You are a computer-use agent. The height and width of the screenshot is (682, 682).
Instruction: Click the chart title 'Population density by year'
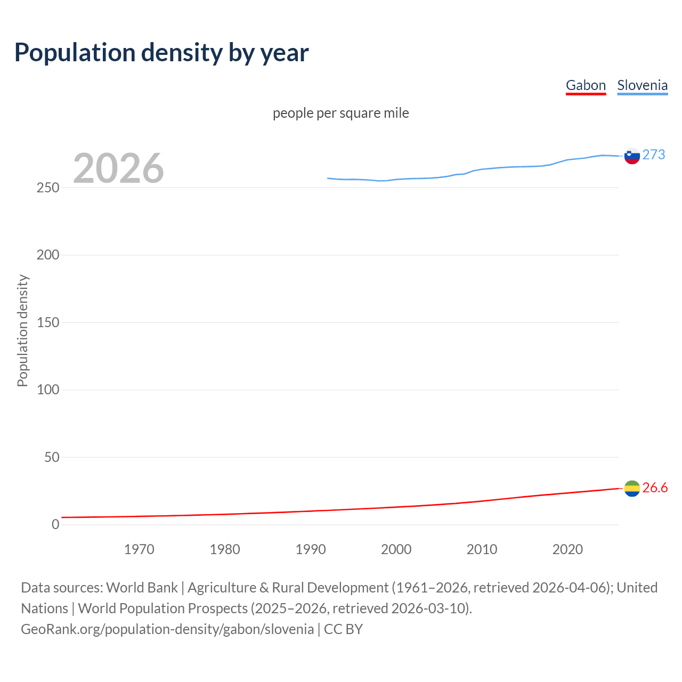(161, 53)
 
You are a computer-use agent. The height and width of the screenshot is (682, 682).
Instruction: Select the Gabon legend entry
(586, 85)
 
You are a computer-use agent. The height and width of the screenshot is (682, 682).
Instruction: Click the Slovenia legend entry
(642, 85)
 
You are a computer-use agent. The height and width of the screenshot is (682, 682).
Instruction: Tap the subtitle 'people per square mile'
(340, 113)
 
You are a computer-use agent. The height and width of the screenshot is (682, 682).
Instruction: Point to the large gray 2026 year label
(118, 168)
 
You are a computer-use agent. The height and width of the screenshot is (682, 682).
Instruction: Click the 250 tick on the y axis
(48, 188)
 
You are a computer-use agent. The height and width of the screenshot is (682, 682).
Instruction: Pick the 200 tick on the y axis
(48, 255)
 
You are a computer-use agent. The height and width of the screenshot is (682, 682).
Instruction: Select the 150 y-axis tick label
(48, 322)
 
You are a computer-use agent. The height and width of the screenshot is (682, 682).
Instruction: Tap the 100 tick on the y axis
(48, 389)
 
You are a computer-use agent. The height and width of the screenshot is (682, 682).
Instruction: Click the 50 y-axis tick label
(52, 457)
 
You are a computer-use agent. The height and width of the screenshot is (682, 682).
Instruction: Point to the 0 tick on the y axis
(55, 524)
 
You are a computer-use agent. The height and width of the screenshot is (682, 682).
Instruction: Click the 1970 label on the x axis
(139, 549)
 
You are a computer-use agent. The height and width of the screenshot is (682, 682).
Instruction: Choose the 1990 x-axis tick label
(311, 549)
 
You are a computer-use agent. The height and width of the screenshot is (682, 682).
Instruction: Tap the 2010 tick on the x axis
(482, 549)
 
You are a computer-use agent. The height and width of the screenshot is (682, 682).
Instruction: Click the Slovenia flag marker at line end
(632, 156)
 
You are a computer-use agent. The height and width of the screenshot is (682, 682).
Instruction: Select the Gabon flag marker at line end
(632, 488)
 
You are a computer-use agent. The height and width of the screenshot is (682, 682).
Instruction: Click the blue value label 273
(654, 155)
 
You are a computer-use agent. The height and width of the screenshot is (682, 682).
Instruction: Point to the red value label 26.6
(655, 488)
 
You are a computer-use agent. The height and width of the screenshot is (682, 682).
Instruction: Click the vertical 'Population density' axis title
(22, 330)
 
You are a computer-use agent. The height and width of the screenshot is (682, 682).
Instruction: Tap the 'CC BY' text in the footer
(343, 629)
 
